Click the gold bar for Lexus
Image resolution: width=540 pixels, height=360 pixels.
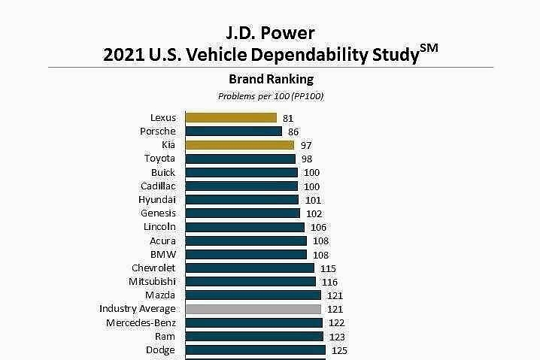tap(231, 117)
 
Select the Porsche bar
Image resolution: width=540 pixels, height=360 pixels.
tap(233, 131)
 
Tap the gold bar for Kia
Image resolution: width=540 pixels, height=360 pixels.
tap(240, 145)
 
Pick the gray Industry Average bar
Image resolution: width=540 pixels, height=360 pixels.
tap(253, 309)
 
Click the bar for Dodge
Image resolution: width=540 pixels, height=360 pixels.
tap(255, 350)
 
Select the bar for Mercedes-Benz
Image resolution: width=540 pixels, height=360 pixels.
tap(254, 322)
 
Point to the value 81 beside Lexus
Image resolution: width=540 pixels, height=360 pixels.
tap(288, 118)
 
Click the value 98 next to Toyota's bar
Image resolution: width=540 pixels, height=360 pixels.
tap(307, 159)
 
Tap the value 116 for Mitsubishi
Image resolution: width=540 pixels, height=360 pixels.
tap(329, 281)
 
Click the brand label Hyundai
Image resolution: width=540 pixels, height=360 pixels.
tap(156, 199)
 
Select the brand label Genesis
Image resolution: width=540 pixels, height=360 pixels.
tap(158, 213)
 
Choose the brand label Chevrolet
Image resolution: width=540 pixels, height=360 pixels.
tap(153, 268)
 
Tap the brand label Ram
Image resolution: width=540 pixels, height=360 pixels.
tap(165, 336)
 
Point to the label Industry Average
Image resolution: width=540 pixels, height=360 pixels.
tap(137, 309)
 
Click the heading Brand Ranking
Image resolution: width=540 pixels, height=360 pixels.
tap(271, 79)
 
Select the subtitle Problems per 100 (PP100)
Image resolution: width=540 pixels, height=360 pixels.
tap(271, 96)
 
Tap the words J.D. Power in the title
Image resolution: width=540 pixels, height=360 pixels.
tap(271, 32)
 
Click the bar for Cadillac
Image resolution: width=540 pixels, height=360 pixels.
tap(241, 186)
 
